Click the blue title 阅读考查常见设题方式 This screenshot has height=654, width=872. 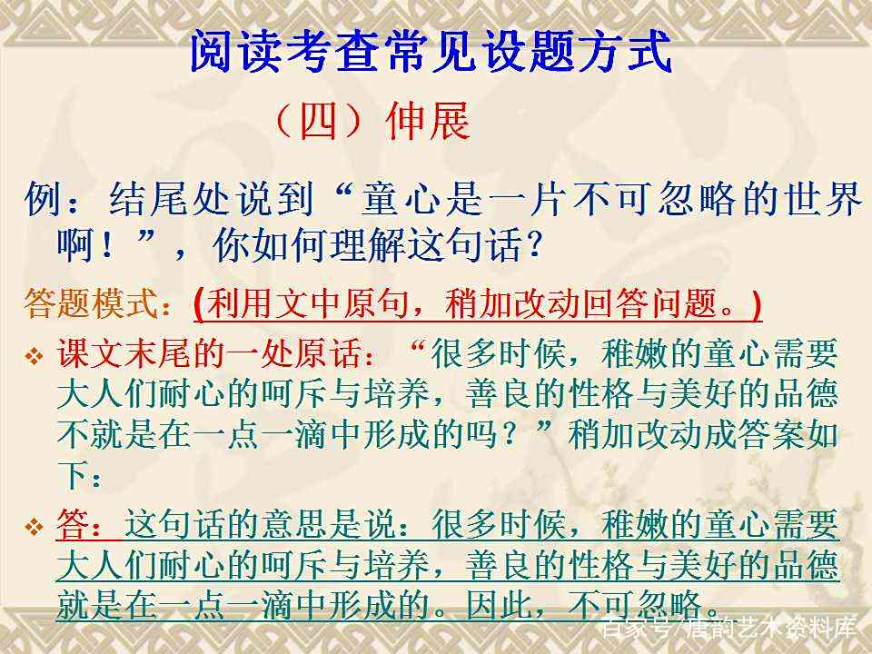point(431,51)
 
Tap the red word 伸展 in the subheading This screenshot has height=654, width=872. point(427,121)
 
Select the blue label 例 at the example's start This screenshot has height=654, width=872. point(43,199)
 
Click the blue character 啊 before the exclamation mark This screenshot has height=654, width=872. point(75,244)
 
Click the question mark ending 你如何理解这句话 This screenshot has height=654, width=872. point(535,245)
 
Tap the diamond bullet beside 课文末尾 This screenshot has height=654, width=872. point(34,356)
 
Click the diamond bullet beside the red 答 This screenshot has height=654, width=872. point(34,526)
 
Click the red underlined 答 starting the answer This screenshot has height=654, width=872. point(73,524)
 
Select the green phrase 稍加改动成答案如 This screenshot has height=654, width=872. point(703,434)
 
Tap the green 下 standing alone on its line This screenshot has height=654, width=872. point(73,475)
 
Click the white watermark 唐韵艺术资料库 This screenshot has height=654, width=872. point(771,629)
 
